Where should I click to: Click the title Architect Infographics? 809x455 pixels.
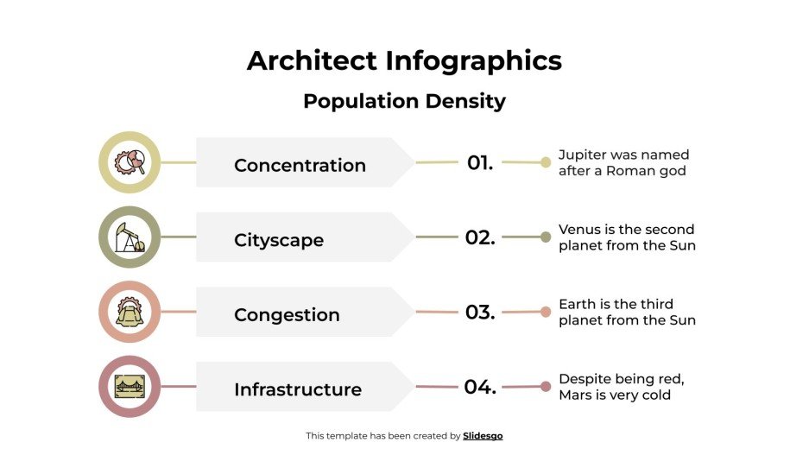pos(404,60)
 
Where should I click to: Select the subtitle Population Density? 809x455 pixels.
pos(404,101)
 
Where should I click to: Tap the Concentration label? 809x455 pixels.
pos(300,165)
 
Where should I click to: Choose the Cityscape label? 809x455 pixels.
pos(279,240)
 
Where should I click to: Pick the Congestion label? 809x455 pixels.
pos(287,315)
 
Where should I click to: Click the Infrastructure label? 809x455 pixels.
pos(298,389)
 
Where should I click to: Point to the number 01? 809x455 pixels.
pos(480,162)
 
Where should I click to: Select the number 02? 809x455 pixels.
pos(480,237)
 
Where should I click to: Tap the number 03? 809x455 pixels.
pos(480,313)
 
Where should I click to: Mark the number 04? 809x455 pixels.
pos(480,387)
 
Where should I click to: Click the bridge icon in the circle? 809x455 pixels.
pos(130,387)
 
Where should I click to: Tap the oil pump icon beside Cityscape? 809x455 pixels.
pos(130,237)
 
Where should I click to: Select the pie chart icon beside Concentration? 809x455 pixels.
pos(130,162)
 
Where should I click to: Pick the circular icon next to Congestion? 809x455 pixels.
pos(130,312)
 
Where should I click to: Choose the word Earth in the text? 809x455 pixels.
pos(576,304)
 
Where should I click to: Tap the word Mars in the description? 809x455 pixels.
pos(577,395)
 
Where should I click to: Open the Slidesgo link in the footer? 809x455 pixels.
pos(483,436)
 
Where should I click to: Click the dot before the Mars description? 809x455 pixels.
pos(546,387)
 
